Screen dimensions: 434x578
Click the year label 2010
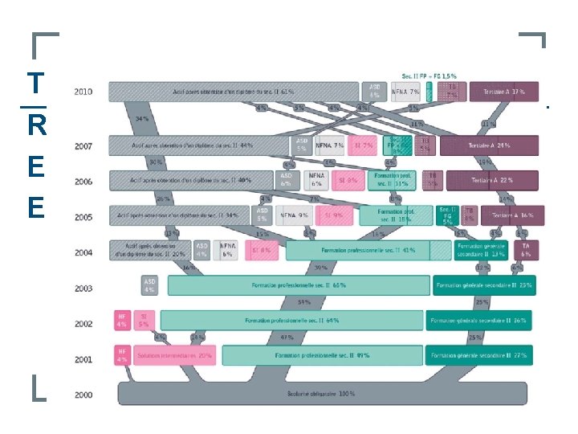click(x=83, y=92)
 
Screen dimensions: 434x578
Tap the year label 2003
click(x=83, y=288)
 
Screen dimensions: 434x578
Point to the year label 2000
click(x=83, y=395)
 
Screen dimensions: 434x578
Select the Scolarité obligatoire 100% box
click(x=326, y=394)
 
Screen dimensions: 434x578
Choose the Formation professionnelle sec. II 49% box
click(x=322, y=354)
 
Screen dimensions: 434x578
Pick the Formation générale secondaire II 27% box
click(x=481, y=354)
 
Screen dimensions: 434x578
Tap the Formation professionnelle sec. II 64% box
click(x=291, y=320)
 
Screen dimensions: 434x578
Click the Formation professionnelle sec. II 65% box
click(x=299, y=285)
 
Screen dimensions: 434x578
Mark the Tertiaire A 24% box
click(x=487, y=145)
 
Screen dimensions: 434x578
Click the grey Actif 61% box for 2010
click(x=233, y=92)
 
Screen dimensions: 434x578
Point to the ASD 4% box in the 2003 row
click(x=149, y=285)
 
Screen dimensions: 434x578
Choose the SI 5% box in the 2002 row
click(x=144, y=320)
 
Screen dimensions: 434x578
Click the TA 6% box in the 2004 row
click(x=525, y=249)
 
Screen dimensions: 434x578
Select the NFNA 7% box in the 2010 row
click(x=405, y=92)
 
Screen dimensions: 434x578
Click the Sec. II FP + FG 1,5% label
click(x=430, y=76)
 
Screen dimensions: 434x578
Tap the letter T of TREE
click(x=35, y=84)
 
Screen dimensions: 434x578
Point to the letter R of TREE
click(x=35, y=125)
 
